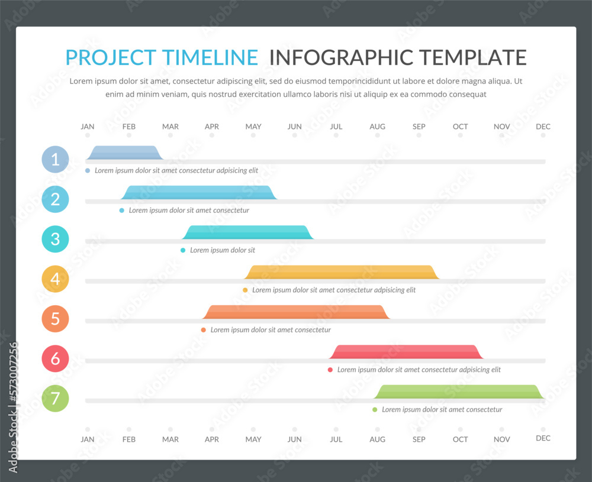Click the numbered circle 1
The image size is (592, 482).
pyautogui.click(x=55, y=159)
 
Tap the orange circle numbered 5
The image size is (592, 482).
pyautogui.click(x=55, y=318)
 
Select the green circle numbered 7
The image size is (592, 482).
pyautogui.click(x=55, y=398)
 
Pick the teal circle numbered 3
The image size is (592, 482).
pyautogui.click(x=55, y=239)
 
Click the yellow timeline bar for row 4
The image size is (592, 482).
pyautogui.click(x=342, y=272)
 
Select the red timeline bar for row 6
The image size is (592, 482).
pyautogui.click(x=406, y=352)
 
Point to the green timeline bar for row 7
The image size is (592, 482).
pyautogui.click(x=459, y=392)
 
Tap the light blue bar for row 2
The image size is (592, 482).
pyautogui.click(x=199, y=192)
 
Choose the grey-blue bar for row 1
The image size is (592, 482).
pyautogui.click(x=123, y=153)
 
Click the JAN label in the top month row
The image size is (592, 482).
pyautogui.click(x=88, y=127)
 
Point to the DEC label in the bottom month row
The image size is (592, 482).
pyautogui.click(x=543, y=438)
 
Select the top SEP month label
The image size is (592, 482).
pyautogui.click(x=419, y=127)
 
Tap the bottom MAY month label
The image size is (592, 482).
pyautogui.click(x=253, y=439)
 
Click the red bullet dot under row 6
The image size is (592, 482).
pyautogui.click(x=330, y=370)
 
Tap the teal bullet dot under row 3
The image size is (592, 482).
pyautogui.click(x=183, y=250)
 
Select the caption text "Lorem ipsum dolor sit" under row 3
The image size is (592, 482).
pyautogui.click(x=223, y=250)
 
